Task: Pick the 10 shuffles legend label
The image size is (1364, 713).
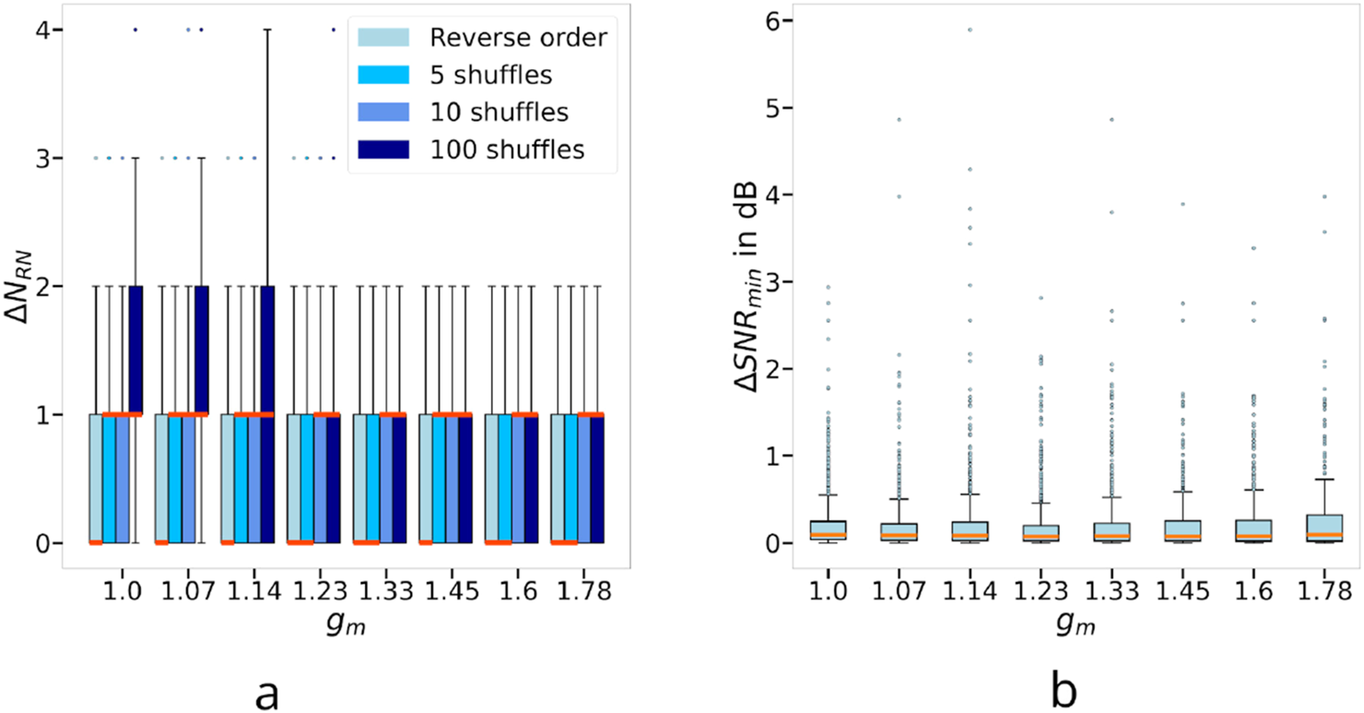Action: [500, 112]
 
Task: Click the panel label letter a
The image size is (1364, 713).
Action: [267, 688]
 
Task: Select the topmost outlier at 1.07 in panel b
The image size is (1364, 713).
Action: [899, 119]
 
